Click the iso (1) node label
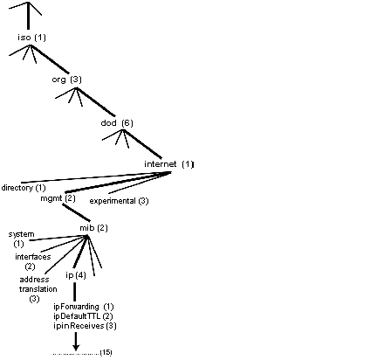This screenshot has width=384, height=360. (31, 38)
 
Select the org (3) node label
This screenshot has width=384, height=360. (66, 80)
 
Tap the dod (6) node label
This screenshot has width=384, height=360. (117, 123)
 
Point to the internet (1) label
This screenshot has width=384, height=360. (168, 164)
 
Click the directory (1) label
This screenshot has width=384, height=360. (24, 188)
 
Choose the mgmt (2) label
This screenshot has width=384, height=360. (58, 198)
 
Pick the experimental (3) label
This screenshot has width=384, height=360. (119, 201)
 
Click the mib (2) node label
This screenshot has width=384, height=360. (93, 228)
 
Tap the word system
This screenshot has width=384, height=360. (21, 234)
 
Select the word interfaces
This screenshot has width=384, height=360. (33, 257)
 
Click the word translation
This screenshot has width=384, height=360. (38, 289)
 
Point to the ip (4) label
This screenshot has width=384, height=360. (76, 275)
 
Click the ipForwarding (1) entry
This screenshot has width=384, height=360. (84, 307)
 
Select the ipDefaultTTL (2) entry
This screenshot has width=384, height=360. (83, 316)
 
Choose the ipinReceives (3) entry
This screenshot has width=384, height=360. (85, 326)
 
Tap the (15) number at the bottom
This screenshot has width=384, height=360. (106, 352)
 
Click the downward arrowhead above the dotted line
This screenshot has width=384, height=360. (76, 348)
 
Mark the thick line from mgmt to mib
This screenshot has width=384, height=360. (76, 212)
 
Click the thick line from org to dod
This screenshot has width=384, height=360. (95, 101)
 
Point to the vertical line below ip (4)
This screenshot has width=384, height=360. (75, 292)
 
